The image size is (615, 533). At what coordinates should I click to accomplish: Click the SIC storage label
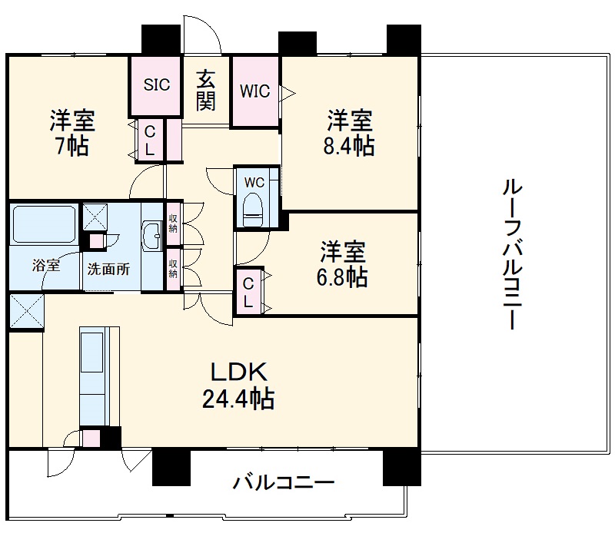click(x=157, y=85)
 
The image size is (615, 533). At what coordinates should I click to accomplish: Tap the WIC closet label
click(x=254, y=91)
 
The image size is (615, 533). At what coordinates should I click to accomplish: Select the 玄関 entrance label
click(x=205, y=91)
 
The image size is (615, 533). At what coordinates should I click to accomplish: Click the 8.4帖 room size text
click(x=351, y=146)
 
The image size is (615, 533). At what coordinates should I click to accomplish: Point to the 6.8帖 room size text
click(x=343, y=276)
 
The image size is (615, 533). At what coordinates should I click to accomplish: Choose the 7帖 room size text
click(x=72, y=146)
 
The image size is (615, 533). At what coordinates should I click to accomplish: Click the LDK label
click(x=240, y=373)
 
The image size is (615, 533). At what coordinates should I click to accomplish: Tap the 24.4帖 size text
click(x=240, y=399)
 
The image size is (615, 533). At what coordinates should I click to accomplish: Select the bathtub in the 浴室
click(x=43, y=224)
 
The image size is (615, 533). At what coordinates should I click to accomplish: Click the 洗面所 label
click(x=108, y=270)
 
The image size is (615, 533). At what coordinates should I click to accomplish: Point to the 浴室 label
click(x=45, y=266)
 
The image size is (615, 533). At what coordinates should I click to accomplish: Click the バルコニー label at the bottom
click(x=284, y=483)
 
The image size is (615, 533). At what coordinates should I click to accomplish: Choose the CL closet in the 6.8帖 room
click(x=248, y=293)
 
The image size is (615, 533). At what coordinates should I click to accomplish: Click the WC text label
click(x=254, y=183)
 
